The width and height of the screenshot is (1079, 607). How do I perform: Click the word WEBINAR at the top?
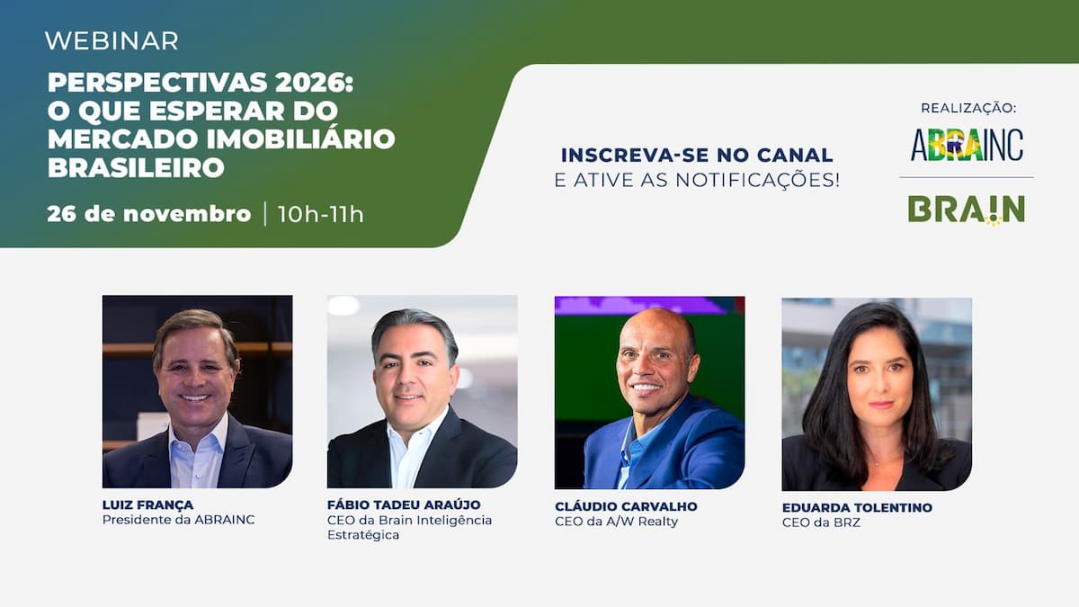[111, 40]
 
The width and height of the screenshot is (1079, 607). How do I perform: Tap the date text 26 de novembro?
[149, 214]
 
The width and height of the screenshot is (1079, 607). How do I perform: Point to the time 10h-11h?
[321, 214]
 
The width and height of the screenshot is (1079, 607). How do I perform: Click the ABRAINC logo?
[967, 145]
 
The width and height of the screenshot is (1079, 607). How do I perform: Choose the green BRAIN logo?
[966, 210]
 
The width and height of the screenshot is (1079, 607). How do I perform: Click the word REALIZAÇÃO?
[968, 108]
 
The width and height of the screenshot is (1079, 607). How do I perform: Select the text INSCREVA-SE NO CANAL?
[697, 156]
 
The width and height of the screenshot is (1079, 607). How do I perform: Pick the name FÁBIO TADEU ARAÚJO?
[403, 504]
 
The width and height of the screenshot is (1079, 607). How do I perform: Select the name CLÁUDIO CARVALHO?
[627, 505]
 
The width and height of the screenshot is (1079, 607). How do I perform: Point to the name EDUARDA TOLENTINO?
[857, 508]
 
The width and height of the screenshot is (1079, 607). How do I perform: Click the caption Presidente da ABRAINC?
[179, 520]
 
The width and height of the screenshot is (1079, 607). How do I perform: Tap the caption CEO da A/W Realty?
[616, 522]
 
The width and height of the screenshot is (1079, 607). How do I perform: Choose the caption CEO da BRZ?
[821, 523]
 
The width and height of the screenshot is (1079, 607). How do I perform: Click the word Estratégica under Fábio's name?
[363, 535]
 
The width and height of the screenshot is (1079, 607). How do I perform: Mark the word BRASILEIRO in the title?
[136, 167]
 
